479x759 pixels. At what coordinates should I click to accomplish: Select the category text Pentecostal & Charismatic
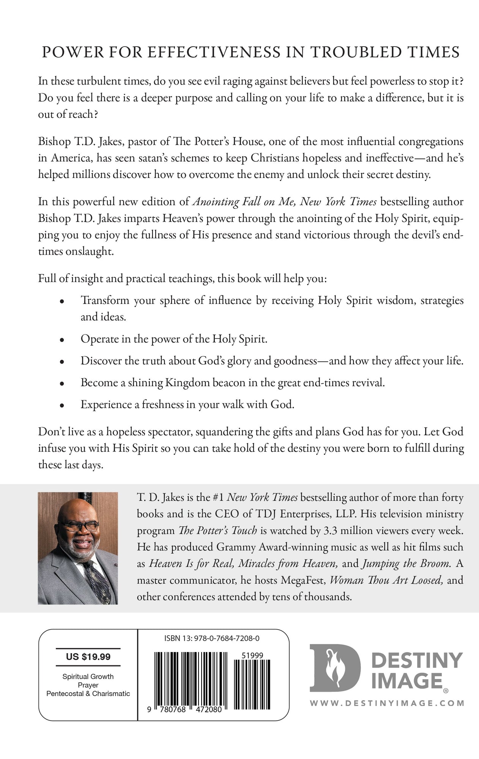coord(88,693)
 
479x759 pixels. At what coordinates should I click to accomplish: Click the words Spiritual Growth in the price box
coord(88,676)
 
